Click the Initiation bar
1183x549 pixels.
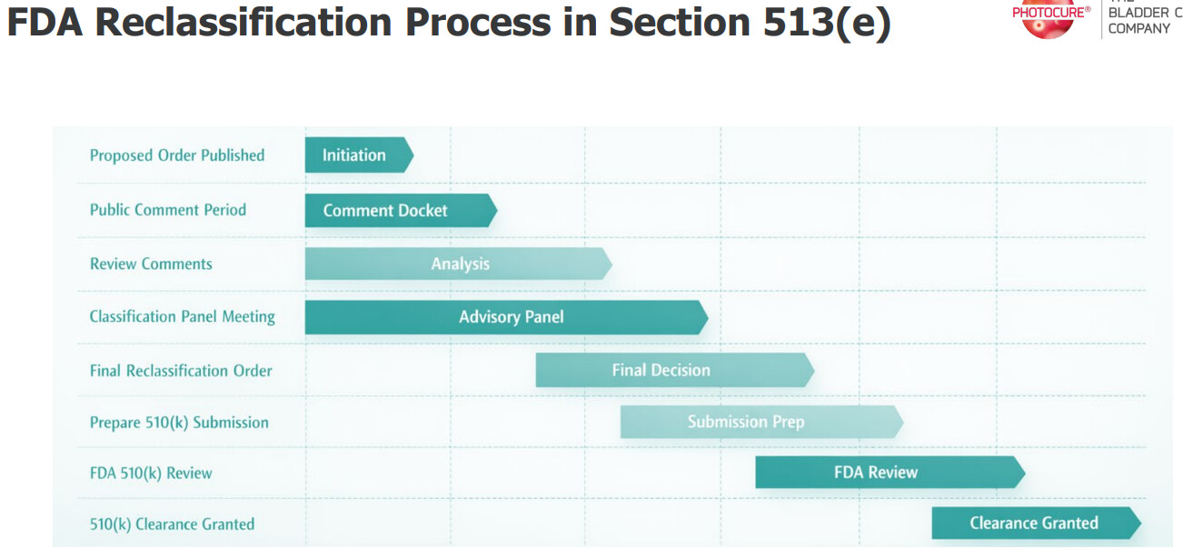(x=359, y=155)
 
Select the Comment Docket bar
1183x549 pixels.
(x=401, y=210)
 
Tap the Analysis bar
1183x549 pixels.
(x=459, y=264)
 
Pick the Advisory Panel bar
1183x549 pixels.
(x=506, y=317)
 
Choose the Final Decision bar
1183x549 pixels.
(x=675, y=370)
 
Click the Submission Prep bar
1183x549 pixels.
(x=761, y=422)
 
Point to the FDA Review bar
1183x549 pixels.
(x=890, y=472)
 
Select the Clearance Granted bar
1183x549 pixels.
(x=1036, y=523)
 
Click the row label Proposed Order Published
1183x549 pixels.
(x=177, y=155)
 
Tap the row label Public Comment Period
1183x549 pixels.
(x=168, y=210)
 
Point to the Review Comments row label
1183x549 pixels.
(x=151, y=264)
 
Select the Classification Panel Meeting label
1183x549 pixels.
(x=183, y=316)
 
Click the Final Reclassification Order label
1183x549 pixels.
(x=181, y=371)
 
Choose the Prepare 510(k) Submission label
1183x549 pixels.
(x=179, y=422)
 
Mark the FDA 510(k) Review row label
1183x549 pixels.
(x=151, y=473)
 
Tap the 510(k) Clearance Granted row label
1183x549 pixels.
(x=172, y=524)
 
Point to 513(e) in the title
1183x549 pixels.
(x=827, y=24)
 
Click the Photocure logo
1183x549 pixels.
(x=1049, y=18)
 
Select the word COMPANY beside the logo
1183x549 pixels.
(x=1139, y=28)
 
